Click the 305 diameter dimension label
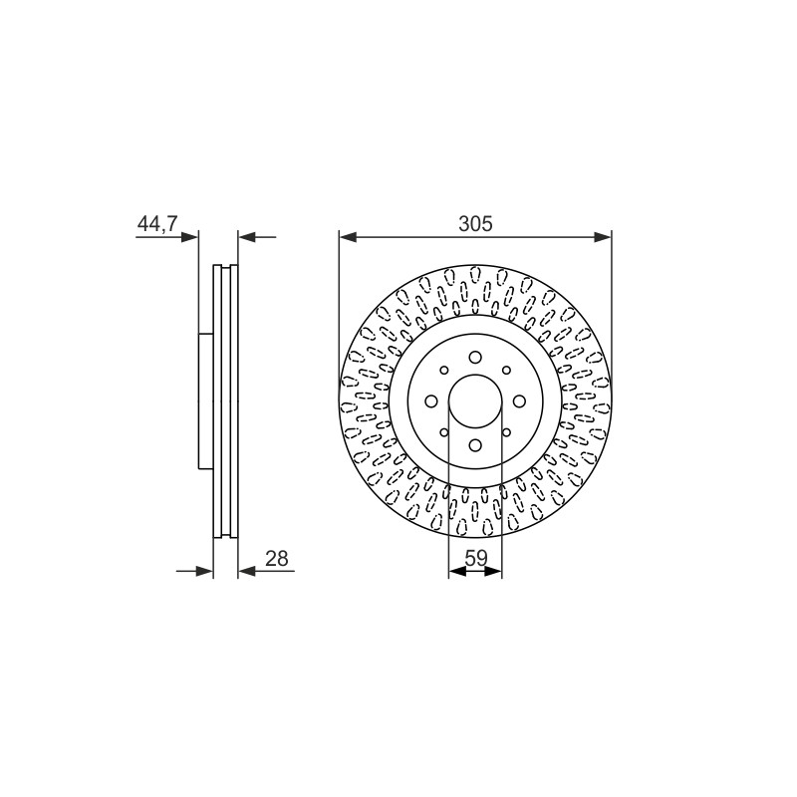pyautogui.click(x=475, y=223)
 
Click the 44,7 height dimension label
pyautogui.click(x=157, y=223)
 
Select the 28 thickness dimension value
pyautogui.click(x=277, y=558)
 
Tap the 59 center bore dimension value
pyautogui.click(x=476, y=558)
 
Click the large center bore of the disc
pyautogui.click(x=475, y=401)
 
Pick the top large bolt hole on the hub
pyautogui.click(x=475, y=358)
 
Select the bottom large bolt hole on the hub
pyautogui.click(x=475, y=445)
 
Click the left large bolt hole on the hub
pyautogui.click(x=431, y=401)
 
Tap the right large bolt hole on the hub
pyautogui.click(x=519, y=401)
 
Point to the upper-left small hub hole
pyautogui.click(x=443, y=370)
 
